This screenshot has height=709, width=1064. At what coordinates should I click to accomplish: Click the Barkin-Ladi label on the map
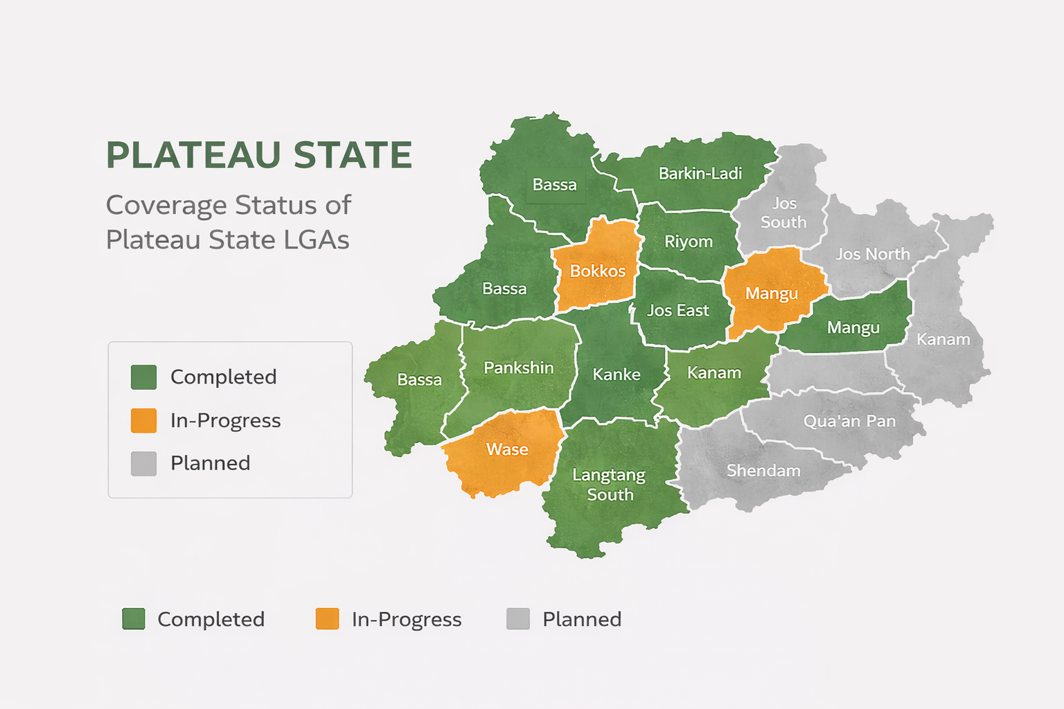tap(700, 173)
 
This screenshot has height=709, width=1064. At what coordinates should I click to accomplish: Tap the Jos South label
tap(783, 213)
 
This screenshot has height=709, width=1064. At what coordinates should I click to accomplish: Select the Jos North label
tap(872, 254)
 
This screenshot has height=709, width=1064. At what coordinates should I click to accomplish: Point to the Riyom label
tap(688, 242)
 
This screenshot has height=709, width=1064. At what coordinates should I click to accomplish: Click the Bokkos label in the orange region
tap(597, 271)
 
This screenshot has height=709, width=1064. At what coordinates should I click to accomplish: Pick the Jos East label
tap(677, 311)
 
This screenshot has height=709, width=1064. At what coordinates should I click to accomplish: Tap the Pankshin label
tap(518, 368)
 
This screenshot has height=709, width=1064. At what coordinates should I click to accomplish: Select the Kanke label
tap(616, 375)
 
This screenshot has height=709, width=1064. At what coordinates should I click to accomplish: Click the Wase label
tap(507, 449)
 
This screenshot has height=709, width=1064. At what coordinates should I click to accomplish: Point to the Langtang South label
tap(610, 485)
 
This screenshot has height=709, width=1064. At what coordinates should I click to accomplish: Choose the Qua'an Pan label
tap(849, 421)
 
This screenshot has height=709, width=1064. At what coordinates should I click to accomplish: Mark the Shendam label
tap(763, 471)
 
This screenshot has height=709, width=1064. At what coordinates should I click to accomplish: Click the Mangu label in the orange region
tap(771, 294)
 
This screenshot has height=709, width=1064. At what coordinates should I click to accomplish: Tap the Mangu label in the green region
tap(853, 327)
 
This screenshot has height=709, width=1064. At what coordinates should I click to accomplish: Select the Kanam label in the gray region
tap(943, 339)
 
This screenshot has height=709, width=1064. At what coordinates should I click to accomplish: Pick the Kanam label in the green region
tap(713, 373)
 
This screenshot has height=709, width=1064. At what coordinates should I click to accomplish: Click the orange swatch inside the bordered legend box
tap(143, 420)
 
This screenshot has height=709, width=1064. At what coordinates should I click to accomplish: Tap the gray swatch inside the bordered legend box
tap(143, 463)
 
